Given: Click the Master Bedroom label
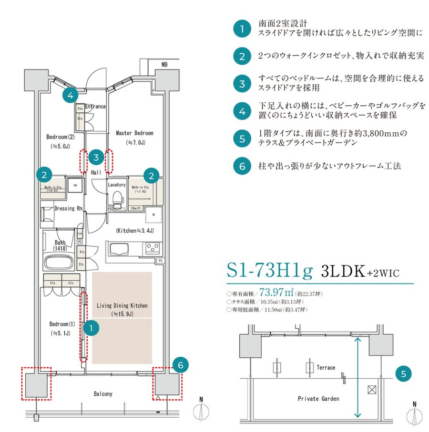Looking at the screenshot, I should click(x=134, y=133).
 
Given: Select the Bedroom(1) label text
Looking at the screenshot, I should click(x=60, y=324).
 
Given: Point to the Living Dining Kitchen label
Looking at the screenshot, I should click(x=122, y=305).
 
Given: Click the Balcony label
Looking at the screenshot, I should click(x=103, y=394).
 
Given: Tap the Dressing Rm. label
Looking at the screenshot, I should click(x=69, y=208).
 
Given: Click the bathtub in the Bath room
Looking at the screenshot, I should click(x=59, y=263).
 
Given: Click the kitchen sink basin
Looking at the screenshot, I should click(x=117, y=248).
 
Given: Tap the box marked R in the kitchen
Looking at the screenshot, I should click(x=154, y=215).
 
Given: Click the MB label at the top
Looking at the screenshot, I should click(x=164, y=64).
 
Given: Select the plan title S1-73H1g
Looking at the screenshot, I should click(x=269, y=271).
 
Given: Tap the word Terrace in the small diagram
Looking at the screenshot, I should click(x=326, y=367).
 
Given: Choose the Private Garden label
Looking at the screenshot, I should click(x=318, y=399).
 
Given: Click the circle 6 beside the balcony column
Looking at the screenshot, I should click(x=180, y=365).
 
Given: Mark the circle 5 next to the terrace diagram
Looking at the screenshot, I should click(x=403, y=374).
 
